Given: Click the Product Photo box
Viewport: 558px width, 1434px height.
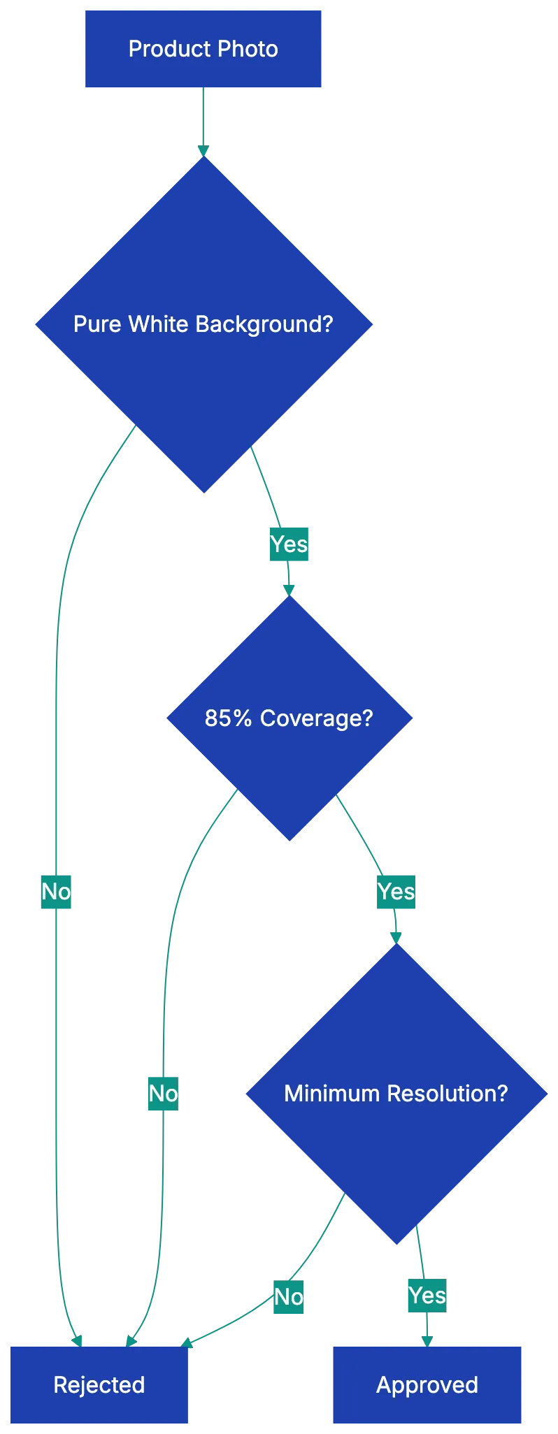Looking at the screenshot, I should tap(203, 49).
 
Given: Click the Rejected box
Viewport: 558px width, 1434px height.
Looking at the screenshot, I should tap(99, 1384).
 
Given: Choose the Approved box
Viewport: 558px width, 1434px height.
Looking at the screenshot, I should tap(427, 1384).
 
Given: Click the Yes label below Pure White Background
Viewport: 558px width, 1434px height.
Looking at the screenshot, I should tap(289, 544).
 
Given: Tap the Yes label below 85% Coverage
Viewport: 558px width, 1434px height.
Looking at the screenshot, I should tap(396, 892).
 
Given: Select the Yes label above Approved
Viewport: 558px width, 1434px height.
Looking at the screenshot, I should tap(427, 1295).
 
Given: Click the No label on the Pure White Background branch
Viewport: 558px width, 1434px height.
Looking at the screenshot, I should tap(56, 892).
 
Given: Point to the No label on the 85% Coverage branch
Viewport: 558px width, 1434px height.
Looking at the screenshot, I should tap(163, 1093).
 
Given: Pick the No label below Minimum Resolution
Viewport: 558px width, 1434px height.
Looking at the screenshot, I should tap(288, 1297).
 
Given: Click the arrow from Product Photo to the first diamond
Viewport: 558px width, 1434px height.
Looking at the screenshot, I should tap(203, 119).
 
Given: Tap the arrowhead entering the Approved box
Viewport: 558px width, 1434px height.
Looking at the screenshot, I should tap(427, 1339).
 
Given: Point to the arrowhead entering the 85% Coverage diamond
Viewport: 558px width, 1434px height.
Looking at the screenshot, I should tap(288, 589).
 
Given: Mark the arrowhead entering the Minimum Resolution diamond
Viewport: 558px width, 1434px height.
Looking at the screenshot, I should tap(396, 937).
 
